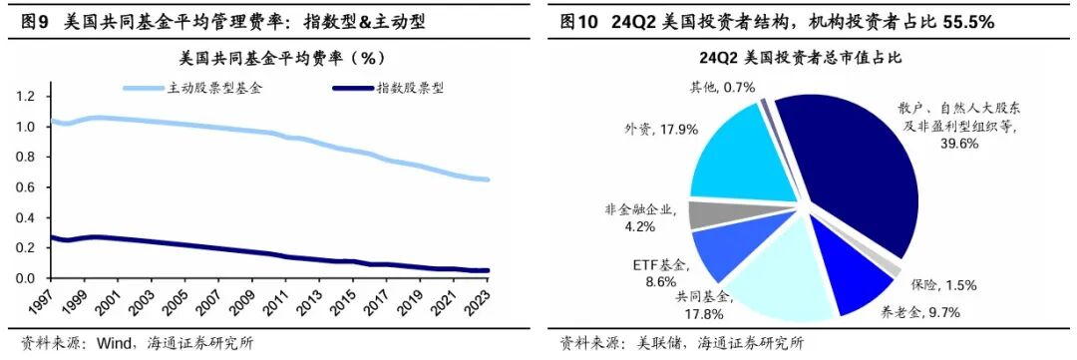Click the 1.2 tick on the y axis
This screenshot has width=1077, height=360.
click(26, 97)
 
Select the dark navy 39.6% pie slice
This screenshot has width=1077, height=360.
click(848, 170)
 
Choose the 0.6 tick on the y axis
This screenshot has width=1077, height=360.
click(26, 187)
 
